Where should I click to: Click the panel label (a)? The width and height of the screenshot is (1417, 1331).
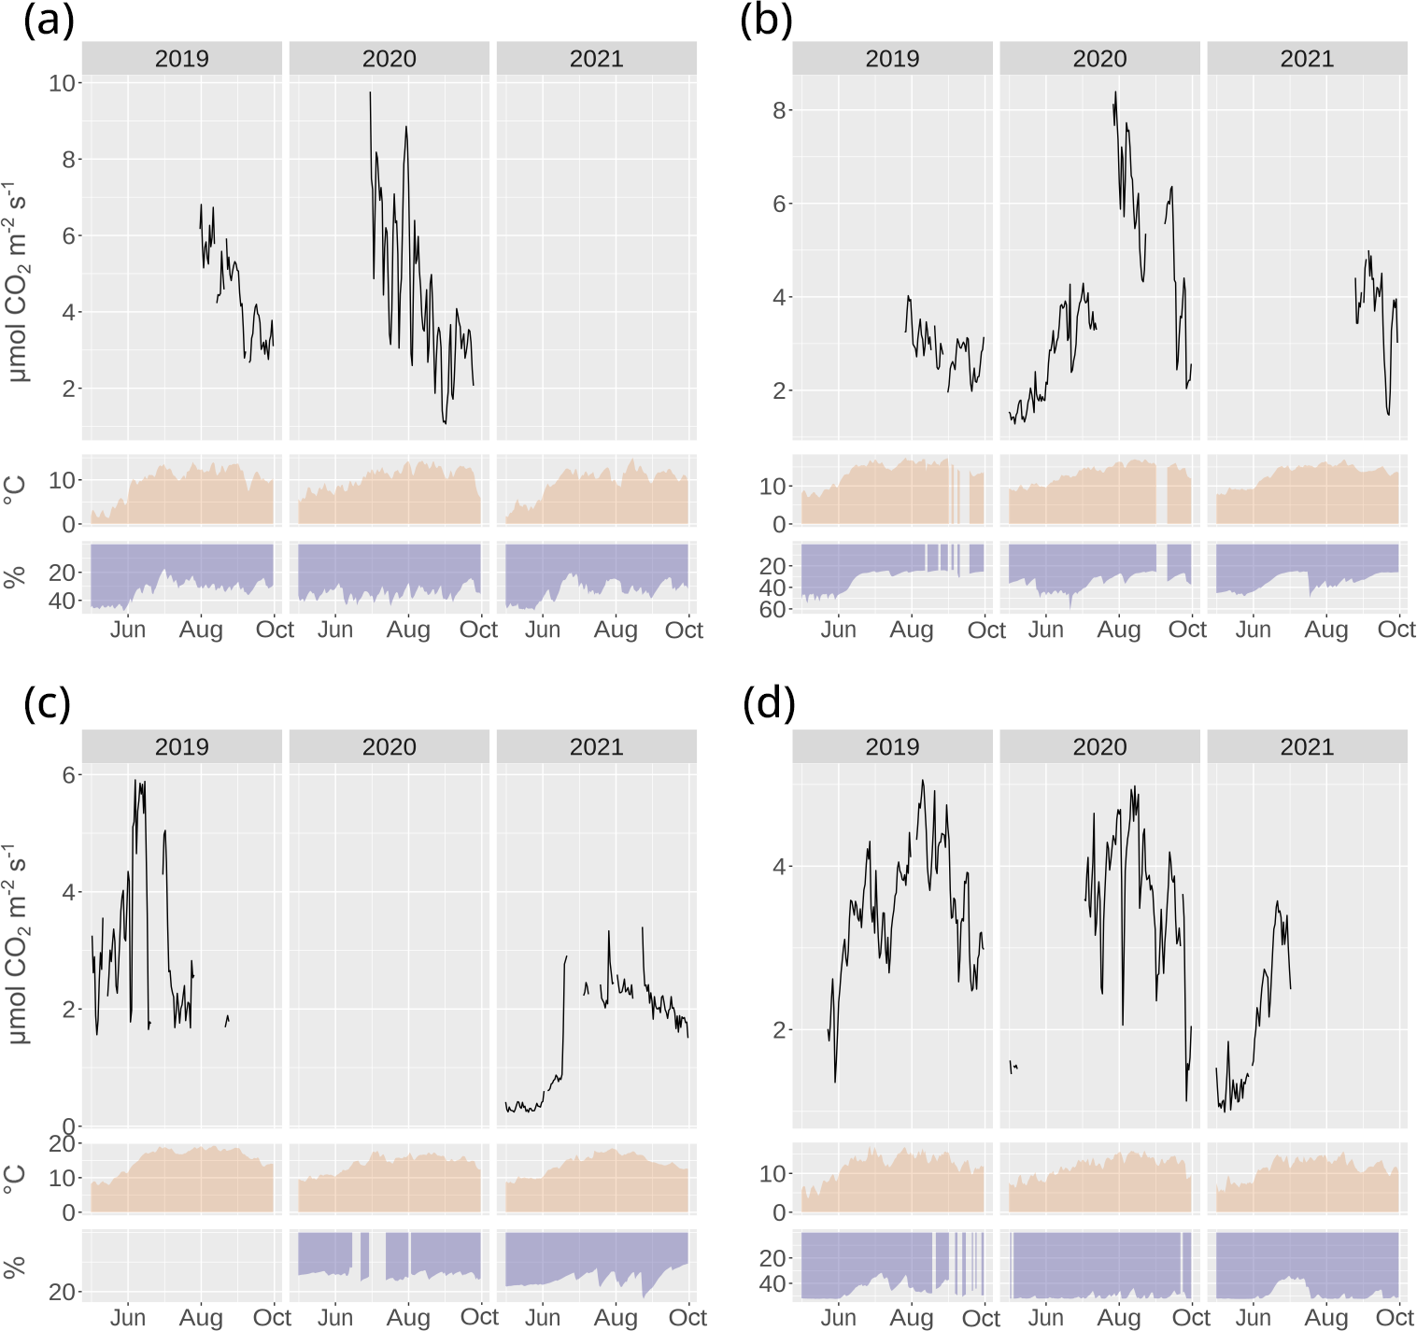49,21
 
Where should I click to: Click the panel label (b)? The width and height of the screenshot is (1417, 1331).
765,21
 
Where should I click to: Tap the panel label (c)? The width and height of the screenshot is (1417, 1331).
47,703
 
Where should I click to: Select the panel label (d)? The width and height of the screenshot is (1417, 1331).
768,703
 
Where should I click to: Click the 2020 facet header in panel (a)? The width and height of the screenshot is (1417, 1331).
389,59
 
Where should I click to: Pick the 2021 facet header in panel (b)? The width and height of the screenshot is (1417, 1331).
1306,59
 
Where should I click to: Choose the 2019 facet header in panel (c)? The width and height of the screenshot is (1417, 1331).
181,747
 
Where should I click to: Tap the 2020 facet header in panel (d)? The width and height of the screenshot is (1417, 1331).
1099,747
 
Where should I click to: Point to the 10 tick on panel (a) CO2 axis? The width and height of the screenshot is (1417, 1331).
62,83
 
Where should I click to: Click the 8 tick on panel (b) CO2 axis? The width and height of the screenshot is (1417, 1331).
779,110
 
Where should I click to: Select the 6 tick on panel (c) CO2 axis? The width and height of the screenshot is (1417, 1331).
68,775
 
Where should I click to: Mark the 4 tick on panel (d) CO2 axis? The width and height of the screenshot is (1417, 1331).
779,867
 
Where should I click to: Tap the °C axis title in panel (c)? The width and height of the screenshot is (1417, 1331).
15,1178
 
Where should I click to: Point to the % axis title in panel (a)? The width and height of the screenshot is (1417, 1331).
15,577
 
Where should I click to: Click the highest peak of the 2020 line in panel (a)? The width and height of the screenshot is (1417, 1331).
370,92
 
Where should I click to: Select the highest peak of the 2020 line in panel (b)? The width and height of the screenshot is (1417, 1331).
1115,92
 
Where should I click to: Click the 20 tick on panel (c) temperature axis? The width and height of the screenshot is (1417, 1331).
62,1143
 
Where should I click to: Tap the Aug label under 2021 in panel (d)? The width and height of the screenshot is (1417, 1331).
1325,1317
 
